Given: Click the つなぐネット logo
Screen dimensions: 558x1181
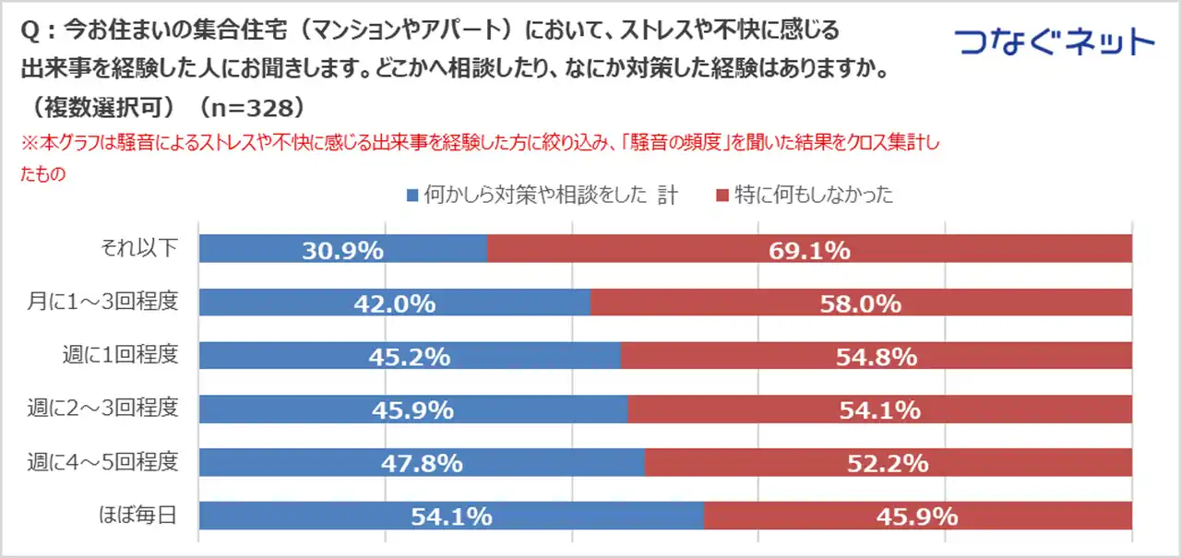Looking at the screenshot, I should (1054, 42).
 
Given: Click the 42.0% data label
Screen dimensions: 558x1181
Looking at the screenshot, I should (396, 303).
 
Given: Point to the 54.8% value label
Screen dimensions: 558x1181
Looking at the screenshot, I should (877, 357).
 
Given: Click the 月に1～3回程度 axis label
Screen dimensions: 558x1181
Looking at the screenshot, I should (115, 302).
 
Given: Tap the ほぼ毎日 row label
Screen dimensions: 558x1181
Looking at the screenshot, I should (137, 516).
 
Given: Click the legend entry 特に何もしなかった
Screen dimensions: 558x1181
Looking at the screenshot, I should (813, 195).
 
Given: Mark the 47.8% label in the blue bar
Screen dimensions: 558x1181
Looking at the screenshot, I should (422, 463).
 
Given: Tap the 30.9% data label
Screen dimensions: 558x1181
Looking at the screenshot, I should (342, 250).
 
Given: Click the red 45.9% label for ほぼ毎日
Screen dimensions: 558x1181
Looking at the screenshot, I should (917, 516).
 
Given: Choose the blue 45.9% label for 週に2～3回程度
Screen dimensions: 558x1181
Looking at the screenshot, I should (412, 410).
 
